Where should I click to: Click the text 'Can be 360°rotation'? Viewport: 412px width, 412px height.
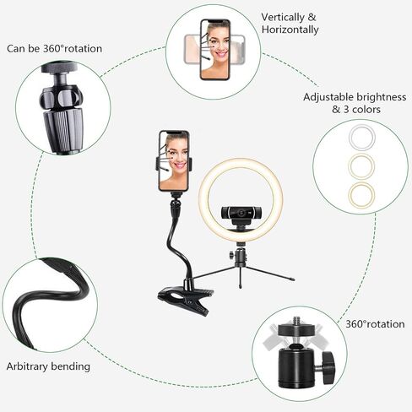click(54, 49)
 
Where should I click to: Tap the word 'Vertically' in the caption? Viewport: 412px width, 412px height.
click(282, 18)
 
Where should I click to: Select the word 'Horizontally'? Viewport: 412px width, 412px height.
click(290, 30)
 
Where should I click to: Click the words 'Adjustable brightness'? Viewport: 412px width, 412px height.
click(355, 97)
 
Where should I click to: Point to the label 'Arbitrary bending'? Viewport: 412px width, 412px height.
click(48, 366)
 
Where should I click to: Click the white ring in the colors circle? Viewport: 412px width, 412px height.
click(361, 138)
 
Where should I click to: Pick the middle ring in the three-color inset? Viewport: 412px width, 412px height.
click(361, 166)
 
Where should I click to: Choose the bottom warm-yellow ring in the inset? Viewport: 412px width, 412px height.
click(361, 195)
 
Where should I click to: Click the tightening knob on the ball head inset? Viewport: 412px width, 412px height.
click(328, 367)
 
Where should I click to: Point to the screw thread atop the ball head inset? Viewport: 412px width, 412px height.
click(296, 321)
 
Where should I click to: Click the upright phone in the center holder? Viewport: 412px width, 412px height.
click(174, 161)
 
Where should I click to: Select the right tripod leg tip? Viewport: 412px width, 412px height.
click(292, 279)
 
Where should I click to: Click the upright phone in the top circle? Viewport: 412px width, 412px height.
click(215, 50)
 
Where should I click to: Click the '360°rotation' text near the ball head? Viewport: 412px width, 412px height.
click(375, 324)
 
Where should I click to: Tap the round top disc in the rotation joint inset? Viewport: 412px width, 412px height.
click(59, 68)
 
